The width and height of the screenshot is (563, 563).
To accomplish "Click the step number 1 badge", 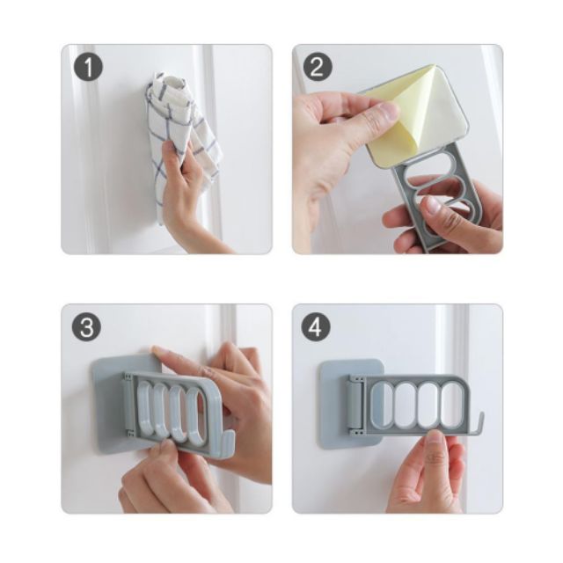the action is (x=88, y=68).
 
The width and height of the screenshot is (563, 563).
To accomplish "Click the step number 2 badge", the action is (x=318, y=67).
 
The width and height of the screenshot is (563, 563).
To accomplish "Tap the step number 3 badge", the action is (x=86, y=327).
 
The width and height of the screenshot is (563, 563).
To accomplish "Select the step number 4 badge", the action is (x=316, y=327).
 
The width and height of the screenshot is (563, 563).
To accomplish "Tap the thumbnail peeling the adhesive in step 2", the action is (x=389, y=109).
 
